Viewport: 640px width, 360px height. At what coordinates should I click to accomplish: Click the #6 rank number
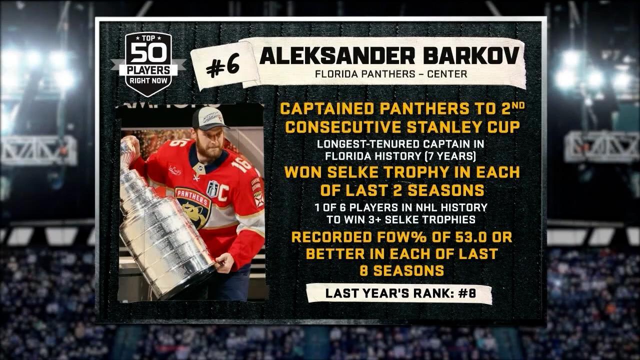[x=223, y=67]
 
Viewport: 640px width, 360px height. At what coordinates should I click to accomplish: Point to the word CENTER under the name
[x=444, y=74]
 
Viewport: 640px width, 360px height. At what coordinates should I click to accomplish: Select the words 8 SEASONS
[x=402, y=270]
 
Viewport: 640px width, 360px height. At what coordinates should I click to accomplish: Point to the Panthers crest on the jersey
[x=193, y=205]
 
